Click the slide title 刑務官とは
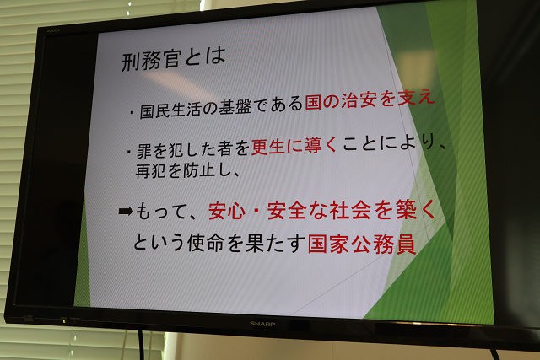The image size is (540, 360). (174, 60)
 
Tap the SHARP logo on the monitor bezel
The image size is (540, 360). (262, 324)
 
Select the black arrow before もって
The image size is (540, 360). (126, 211)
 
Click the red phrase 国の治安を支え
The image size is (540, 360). (370, 100)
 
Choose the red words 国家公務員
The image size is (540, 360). (362, 244)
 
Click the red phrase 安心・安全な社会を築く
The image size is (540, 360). (321, 210)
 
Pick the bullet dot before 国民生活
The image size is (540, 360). (132, 112)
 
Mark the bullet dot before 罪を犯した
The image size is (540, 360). (128, 152)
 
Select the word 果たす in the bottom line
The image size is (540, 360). (276, 242)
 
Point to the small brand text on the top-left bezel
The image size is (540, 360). (53, 30)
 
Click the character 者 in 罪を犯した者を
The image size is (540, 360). (225, 148)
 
